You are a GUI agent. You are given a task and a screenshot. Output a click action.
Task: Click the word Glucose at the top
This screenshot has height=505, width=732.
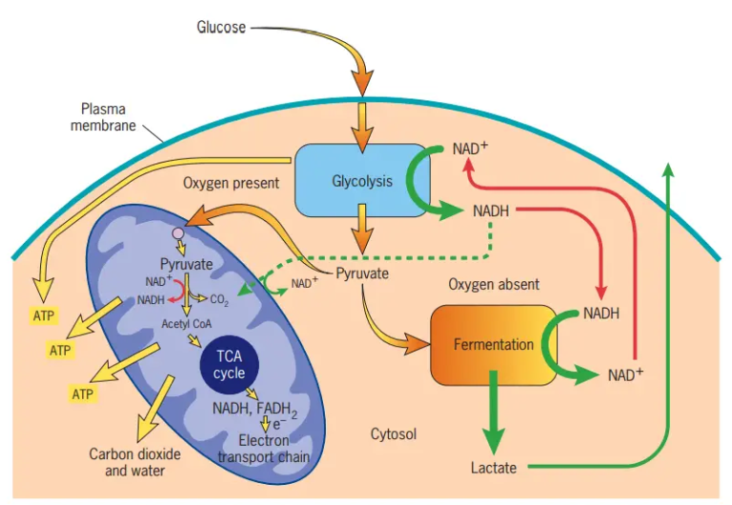[x=221, y=27]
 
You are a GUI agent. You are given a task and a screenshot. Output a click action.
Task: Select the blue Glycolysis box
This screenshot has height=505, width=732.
[x=361, y=181]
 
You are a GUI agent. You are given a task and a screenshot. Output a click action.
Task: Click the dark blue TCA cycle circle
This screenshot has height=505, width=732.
[x=229, y=364]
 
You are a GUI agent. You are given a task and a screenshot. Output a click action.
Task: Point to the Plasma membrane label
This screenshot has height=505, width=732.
[x=103, y=118]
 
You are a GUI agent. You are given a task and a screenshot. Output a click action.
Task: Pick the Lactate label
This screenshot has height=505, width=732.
[x=494, y=468]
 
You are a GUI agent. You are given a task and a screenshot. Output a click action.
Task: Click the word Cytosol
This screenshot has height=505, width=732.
[x=395, y=434]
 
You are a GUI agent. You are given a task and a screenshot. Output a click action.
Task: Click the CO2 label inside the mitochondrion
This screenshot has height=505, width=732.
[x=218, y=299]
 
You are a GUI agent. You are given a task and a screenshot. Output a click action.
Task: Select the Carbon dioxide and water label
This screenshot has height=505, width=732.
[x=128, y=462]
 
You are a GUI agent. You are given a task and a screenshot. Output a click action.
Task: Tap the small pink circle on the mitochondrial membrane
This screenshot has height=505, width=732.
[x=177, y=232]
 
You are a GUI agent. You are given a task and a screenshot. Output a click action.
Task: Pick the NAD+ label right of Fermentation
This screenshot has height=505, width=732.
[x=625, y=374]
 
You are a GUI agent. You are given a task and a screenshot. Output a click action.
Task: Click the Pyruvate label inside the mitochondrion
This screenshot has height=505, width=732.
[x=186, y=262]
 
